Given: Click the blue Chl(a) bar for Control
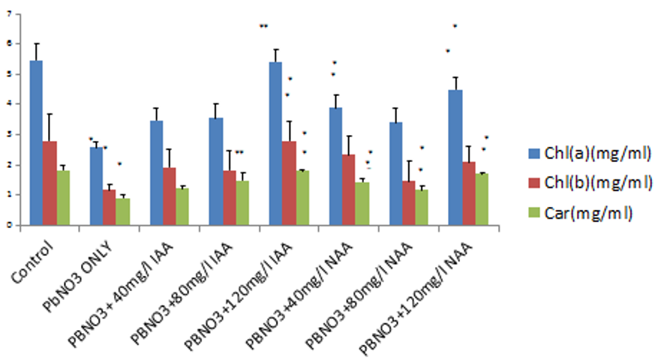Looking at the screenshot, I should click(36, 142).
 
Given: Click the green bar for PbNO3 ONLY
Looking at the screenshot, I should click(122, 211).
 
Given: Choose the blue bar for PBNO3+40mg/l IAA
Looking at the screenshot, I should click(156, 172).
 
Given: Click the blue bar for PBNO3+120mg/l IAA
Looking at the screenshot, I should click(275, 143).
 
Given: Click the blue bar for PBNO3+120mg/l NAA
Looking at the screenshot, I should click(455, 157).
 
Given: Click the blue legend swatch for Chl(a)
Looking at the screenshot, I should click(535, 154).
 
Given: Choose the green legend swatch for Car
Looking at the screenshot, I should click(535, 212).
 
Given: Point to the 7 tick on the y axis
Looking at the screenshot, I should click(10, 14).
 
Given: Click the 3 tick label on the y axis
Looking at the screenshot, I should click(10, 134).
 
